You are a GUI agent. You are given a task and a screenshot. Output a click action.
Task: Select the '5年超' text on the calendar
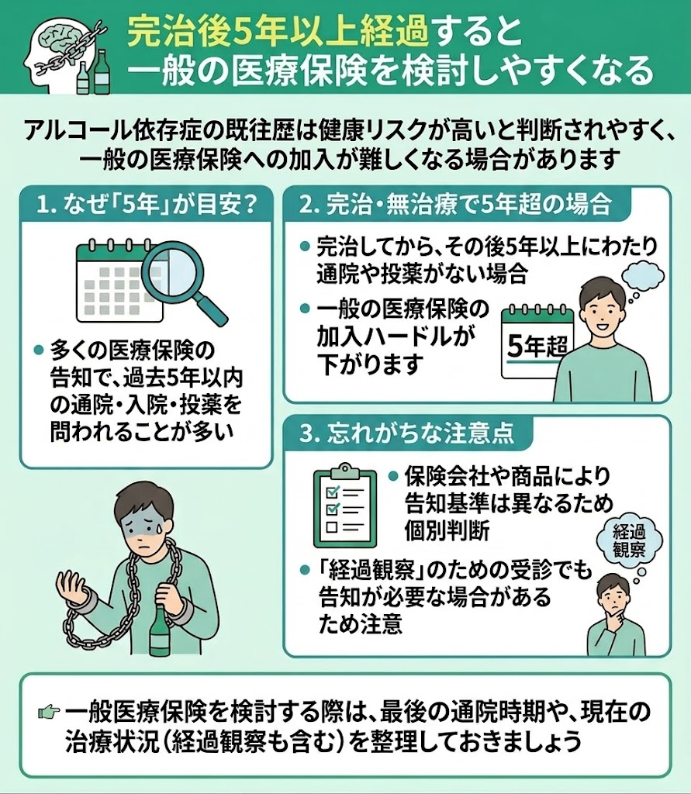pyautogui.click(x=537, y=347)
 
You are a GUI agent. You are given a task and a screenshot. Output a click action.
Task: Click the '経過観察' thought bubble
pyautogui.click(x=629, y=540)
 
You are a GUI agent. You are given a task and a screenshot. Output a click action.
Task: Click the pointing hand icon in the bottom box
pyautogui.click(x=49, y=713)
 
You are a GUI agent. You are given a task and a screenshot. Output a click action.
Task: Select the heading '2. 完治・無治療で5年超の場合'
pyautogui.click(x=455, y=205)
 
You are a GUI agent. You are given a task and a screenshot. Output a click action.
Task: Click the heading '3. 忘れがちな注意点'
pyautogui.click(x=406, y=434)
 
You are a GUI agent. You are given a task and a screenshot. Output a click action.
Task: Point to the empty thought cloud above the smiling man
pyautogui.click(x=642, y=275)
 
